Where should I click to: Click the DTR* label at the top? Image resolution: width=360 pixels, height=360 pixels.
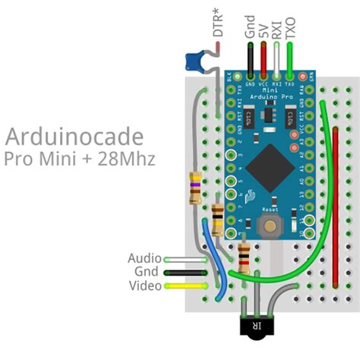click(219, 22)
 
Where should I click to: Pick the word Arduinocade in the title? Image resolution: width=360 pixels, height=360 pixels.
click(74, 137)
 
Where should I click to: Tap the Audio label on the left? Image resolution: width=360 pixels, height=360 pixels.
click(144, 258)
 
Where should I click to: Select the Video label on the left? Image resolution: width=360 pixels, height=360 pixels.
click(144, 286)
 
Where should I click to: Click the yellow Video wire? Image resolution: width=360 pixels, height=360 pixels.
click(187, 286)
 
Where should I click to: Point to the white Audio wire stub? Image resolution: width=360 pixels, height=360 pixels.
click(187, 259)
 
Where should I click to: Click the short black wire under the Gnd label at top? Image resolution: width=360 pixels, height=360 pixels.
click(250, 57)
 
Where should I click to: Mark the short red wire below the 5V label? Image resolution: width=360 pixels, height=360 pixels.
click(264, 57)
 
